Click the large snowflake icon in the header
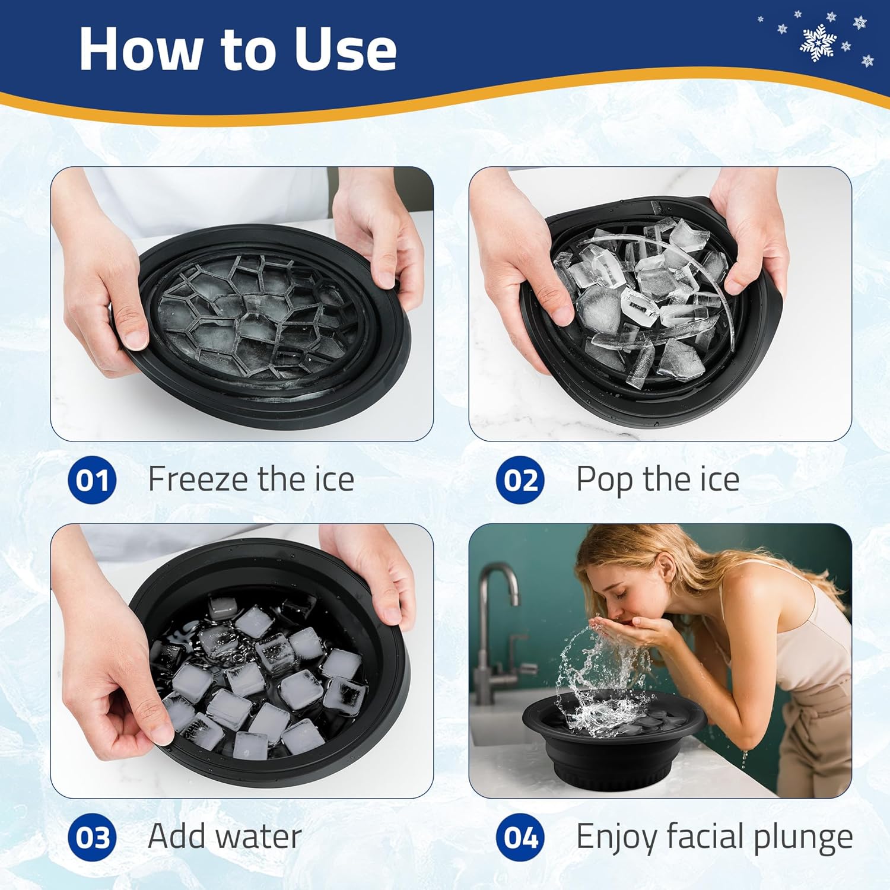pos(818,43)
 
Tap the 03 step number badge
pos(92,837)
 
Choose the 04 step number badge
pos(520,837)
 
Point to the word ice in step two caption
pos(719,479)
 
